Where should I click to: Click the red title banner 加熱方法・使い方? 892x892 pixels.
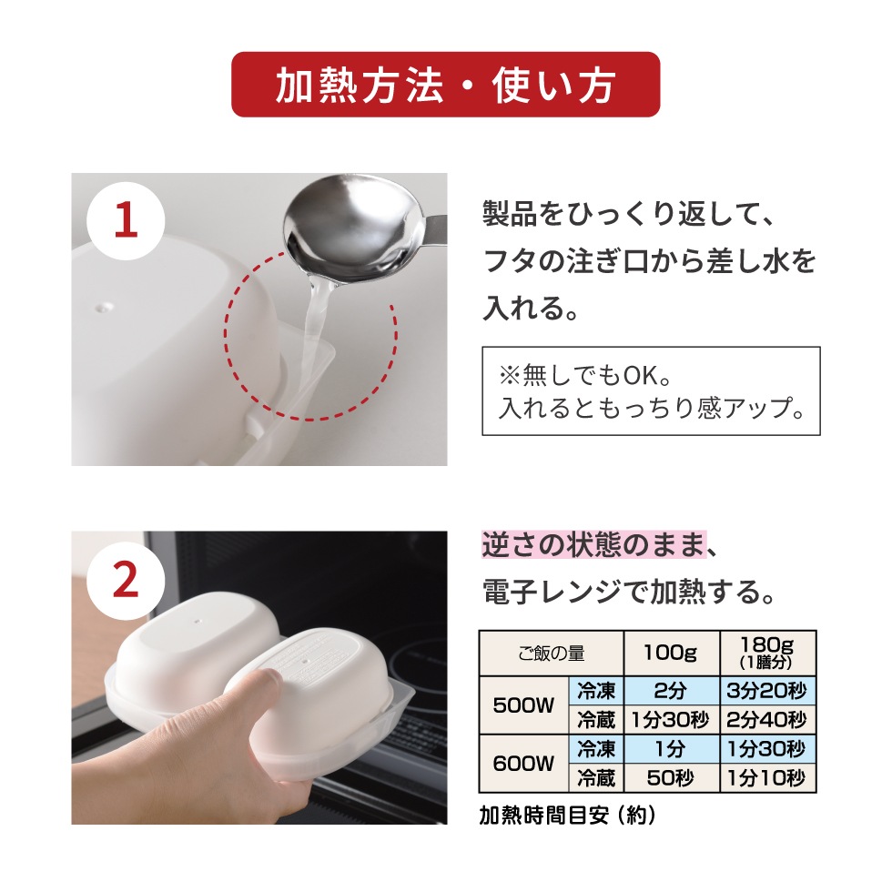(x=445, y=85)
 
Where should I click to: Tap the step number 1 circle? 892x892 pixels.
(x=126, y=221)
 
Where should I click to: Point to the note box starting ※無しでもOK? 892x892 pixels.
(x=651, y=390)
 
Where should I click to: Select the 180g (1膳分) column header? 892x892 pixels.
(x=767, y=653)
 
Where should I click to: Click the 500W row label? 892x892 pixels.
(x=523, y=705)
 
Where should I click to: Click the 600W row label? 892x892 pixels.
(x=523, y=763)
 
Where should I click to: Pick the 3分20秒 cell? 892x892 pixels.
(x=767, y=691)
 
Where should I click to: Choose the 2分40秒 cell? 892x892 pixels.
(x=767, y=720)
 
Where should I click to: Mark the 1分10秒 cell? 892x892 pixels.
(x=767, y=778)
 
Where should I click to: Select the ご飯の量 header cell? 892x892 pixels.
(x=551, y=653)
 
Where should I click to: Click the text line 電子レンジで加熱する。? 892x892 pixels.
(x=628, y=593)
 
